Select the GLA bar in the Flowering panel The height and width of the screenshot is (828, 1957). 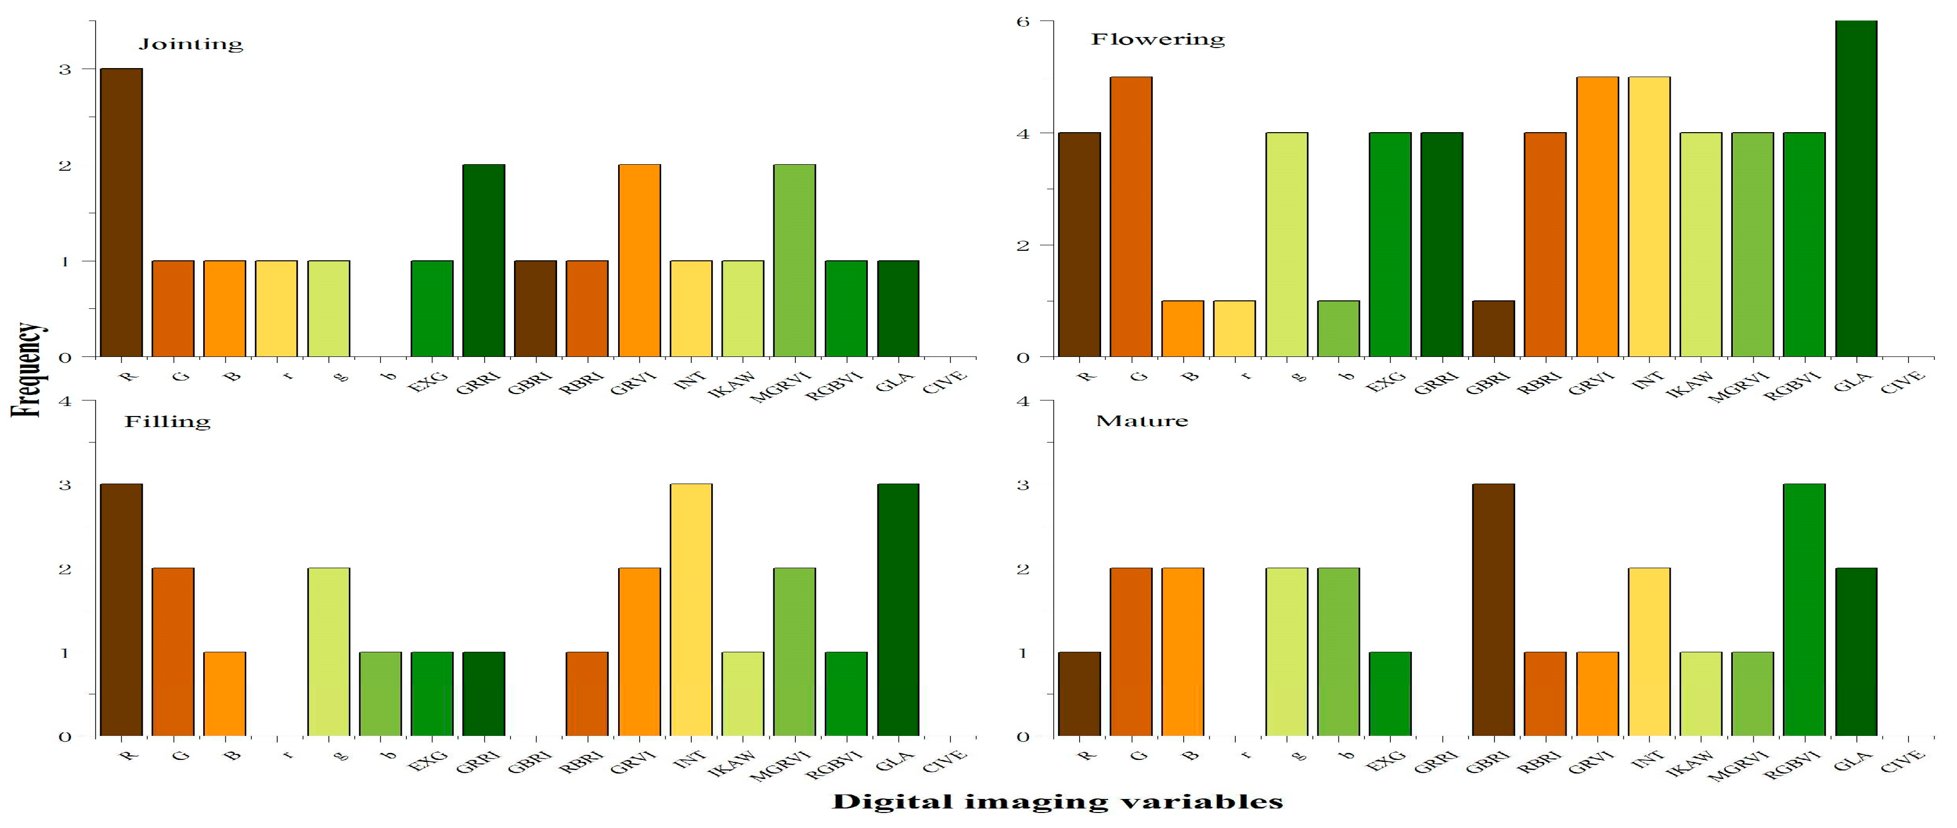(x=1855, y=189)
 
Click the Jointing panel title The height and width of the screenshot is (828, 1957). (x=191, y=44)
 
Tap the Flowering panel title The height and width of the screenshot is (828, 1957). (x=1158, y=40)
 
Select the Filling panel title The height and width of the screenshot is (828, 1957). (x=167, y=422)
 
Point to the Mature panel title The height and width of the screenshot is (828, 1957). (x=1142, y=421)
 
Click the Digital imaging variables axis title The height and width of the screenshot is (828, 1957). (x=1058, y=802)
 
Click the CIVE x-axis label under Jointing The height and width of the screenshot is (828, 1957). (x=945, y=380)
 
